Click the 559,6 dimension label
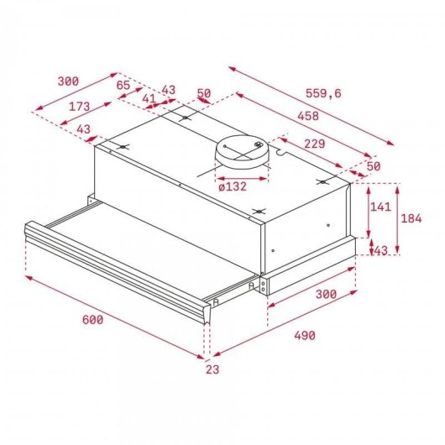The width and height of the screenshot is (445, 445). [323, 93]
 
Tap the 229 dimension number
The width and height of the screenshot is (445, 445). [315, 144]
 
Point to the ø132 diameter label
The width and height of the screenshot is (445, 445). [232, 186]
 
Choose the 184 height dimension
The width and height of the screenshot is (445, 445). [411, 219]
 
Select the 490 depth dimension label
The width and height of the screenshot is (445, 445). [304, 336]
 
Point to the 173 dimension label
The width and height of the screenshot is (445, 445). [80, 107]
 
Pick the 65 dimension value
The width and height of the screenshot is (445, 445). [123, 85]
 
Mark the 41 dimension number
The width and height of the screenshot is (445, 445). [149, 99]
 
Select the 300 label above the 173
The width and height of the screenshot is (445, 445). [68, 81]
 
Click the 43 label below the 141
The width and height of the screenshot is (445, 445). [380, 250]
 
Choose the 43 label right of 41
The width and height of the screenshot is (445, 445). [168, 89]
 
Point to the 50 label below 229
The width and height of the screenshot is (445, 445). [373, 166]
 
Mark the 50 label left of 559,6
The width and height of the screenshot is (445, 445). [203, 93]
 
